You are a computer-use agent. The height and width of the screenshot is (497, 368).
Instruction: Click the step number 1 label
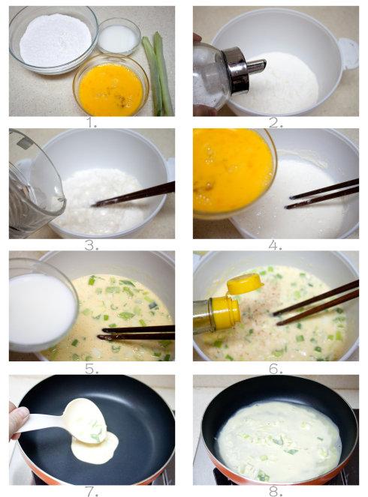pos(92,122)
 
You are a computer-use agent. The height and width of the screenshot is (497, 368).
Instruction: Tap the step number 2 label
pos(276,122)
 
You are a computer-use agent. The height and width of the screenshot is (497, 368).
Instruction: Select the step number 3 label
pos(92,245)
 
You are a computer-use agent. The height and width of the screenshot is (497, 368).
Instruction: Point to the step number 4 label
pos(275,245)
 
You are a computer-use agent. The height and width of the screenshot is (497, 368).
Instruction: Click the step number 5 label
pos(92,368)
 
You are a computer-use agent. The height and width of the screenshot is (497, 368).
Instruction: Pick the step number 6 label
pos(276,368)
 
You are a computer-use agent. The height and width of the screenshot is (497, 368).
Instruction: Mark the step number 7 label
pos(92,492)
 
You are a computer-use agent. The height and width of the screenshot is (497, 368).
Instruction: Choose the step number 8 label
pos(276,492)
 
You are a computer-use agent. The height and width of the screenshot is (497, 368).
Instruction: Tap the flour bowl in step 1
pos(53,40)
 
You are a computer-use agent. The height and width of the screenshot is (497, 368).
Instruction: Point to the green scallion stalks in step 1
pos(158,73)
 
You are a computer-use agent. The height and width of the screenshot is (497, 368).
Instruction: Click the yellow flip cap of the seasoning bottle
pos(245,283)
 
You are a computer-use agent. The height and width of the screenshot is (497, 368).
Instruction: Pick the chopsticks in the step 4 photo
pos(322,193)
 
